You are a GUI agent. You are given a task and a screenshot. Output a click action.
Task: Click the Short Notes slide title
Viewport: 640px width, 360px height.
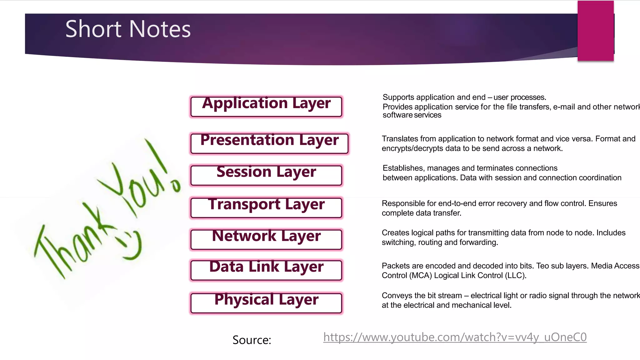point(128,29)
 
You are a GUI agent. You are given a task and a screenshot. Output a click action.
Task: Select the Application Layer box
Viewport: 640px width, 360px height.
point(266,106)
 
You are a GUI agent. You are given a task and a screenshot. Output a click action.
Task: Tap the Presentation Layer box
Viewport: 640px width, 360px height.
point(269,143)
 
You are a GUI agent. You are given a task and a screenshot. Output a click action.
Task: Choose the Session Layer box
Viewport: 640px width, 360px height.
point(266,175)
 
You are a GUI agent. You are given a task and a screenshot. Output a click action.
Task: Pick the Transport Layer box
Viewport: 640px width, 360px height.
point(266,207)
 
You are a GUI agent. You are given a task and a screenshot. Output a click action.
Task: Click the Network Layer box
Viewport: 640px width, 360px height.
point(266,239)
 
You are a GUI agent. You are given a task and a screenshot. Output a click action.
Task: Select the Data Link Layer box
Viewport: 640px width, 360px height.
point(266,270)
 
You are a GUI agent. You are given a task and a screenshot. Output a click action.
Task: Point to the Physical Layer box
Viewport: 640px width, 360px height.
point(266,302)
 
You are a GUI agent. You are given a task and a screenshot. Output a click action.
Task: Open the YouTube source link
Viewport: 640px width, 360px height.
point(455,337)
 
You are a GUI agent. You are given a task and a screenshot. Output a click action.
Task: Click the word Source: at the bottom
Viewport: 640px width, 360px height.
point(252,340)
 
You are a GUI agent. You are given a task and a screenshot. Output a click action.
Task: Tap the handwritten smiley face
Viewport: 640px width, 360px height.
point(130,245)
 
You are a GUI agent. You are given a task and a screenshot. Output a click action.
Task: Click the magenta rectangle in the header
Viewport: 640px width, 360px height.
point(596,31)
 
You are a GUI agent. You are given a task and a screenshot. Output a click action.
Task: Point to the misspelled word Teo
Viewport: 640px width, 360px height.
point(543,266)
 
